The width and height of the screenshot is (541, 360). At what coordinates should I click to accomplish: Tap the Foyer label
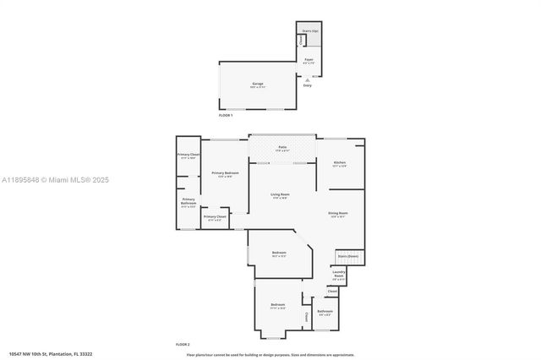(x=309, y=60)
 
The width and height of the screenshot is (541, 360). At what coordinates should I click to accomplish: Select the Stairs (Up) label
(x=310, y=30)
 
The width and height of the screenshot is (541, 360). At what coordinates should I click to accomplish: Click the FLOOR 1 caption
(x=226, y=115)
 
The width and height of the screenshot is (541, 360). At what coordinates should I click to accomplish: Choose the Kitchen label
(x=339, y=162)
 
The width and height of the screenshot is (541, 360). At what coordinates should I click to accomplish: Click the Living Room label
(x=279, y=196)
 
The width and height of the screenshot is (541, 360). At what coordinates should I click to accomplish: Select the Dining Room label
(x=338, y=213)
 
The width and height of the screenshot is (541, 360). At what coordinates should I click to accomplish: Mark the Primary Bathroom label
(x=188, y=201)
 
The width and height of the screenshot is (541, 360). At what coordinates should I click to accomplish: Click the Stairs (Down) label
(x=347, y=255)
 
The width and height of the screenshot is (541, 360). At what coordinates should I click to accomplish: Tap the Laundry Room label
(x=338, y=274)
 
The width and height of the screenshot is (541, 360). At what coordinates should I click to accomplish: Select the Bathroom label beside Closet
(x=325, y=312)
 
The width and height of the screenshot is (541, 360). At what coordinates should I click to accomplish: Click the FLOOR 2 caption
(x=183, y=345)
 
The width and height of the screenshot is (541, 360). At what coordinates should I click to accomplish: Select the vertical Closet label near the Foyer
(x=300, y=40)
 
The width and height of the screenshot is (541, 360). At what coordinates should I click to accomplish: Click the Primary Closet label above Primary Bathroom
(x=188, y=155)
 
